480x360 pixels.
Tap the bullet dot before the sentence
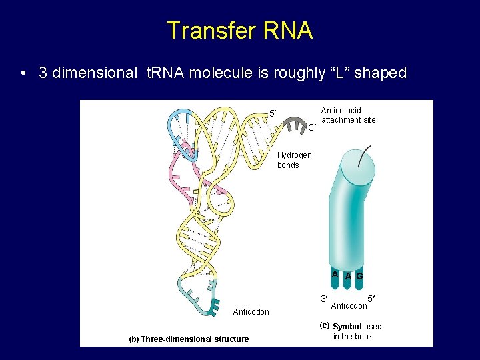[23, 73]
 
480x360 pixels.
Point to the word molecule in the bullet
[219, 73]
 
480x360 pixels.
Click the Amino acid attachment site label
[348, 115]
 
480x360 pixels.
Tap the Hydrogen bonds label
[294, 160]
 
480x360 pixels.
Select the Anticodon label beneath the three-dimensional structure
[251, 312]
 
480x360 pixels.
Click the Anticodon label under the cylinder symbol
[349, 306]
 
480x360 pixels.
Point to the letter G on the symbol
[359, 276]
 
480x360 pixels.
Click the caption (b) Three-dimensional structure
[189, 339]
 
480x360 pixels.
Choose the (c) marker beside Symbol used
[325, 326]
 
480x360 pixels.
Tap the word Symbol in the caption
[347, 327]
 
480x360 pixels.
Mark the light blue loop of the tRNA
[180, 123]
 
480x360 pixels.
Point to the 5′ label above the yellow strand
[273, 113]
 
